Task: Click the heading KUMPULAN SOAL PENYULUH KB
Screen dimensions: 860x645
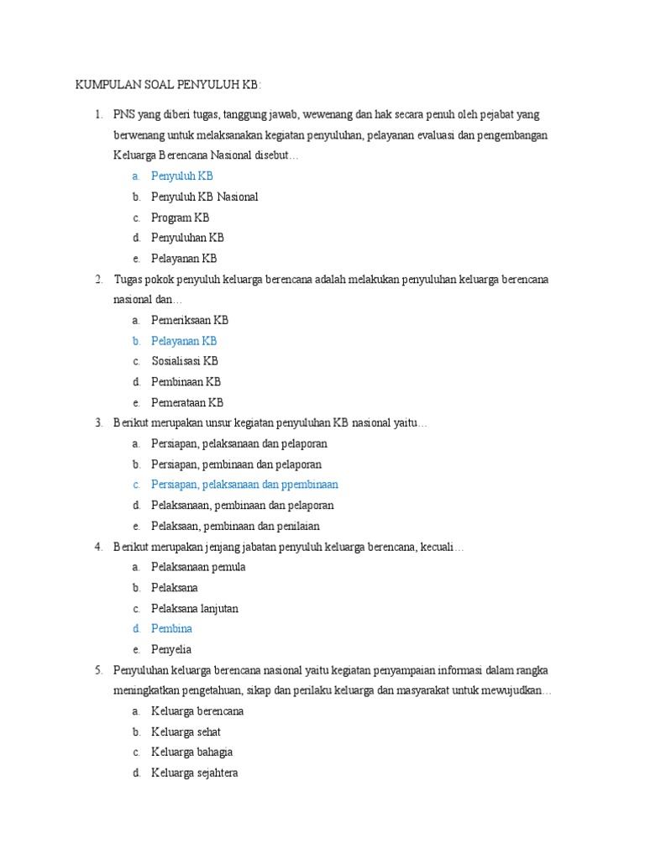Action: pos(169,86)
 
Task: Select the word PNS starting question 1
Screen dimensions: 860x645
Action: pos(124,114)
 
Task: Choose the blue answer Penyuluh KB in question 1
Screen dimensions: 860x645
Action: pos(181,176)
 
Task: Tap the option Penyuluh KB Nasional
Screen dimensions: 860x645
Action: pos(204,197)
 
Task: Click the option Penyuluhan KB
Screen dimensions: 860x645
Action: pos(187,238)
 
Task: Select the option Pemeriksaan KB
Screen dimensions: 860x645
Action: pos(190,320)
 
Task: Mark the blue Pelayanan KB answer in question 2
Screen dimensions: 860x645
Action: pos(184,341)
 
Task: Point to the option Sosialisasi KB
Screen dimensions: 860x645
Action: pos(185,361)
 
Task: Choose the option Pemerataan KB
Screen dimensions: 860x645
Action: pos(187,402)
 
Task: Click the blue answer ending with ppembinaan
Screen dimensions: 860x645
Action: pos(244,485)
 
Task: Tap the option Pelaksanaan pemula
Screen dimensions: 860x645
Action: pos(198,567)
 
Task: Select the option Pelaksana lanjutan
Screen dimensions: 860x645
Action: pos(194,608)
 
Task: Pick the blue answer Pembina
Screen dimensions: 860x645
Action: pos(171,628)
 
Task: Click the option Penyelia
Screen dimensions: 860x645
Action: pos(171,649)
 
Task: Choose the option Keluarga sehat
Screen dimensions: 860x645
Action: pos(186,732)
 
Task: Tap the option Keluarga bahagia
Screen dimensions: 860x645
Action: pos(191,752)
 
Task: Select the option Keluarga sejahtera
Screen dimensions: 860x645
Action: pos(194,773)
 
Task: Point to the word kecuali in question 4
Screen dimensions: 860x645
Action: pos(442,547)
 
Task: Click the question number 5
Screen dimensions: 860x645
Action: pos(98,669)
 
